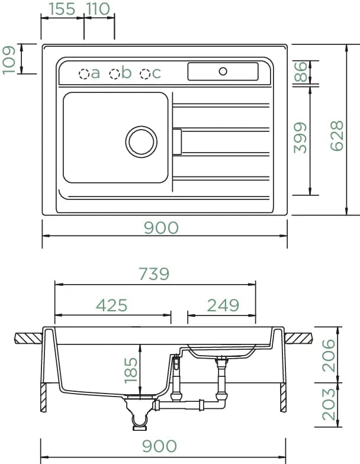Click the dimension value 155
click(x=62, y=9)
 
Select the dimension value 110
click(x=98, y=9)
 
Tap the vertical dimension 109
click(x=8, y=60)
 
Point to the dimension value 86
click(x=301, y=72)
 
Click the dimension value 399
click(x=300, y=138)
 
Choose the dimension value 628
click(x=337, y=136)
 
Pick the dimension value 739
click(x=154, y=273)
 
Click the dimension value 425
click(x=111, y=305)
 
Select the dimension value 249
click(x=223, y=305)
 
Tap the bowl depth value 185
click(x=131, y=370)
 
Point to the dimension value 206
click(x=329, y=356)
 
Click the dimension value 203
click(x=329, y=405)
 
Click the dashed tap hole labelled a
click(x=84, y=73)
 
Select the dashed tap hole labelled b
click(x=114, y=73)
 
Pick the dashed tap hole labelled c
click(x=144, y=73)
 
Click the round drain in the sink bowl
click(x=141, y=141)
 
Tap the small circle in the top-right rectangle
click(x=223, y=71)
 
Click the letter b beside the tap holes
click(x=127, y=72)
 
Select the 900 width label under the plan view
click(x=161, y=228)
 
